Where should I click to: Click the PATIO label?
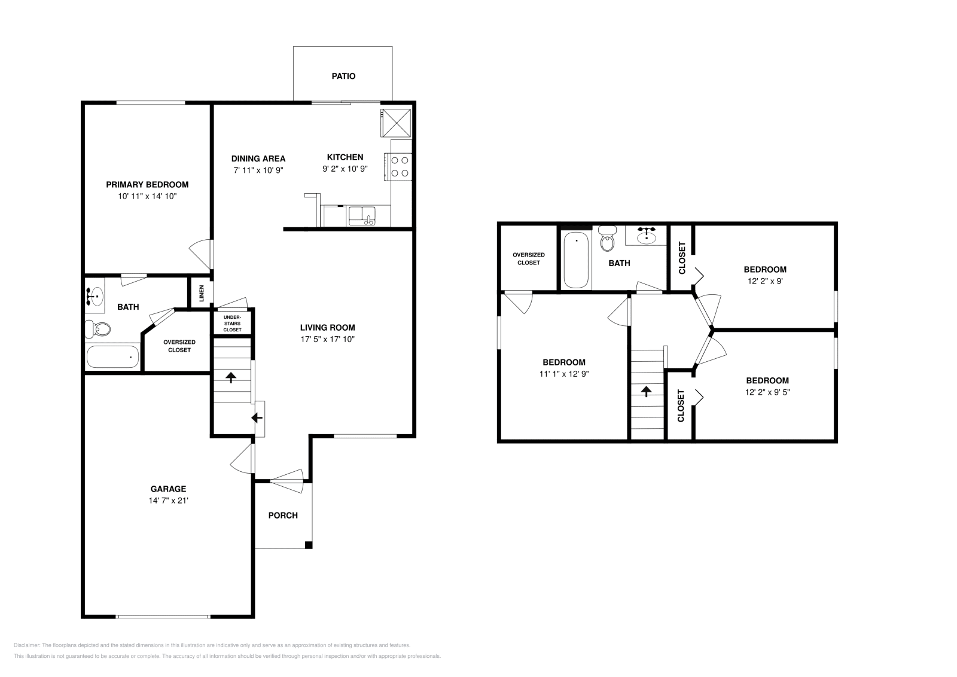[x=343, y=76]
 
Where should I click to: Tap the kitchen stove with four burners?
[x=400, y=166]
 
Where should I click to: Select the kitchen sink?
[x=361, y=216]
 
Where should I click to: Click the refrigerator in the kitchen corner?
[x=396, y=122]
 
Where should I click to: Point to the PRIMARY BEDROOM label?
[x=147, y=185]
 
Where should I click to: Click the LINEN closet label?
[x=202, y=293]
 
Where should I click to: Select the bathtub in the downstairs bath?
[x=113, y=357]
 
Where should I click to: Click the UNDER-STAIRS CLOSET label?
[x=232, y=324]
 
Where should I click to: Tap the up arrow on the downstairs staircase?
[x=230, y=377]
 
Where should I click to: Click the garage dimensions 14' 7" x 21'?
[x=169, y=501]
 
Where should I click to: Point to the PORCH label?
[x=283, y=516]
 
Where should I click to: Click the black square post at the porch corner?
[x=309, y=545]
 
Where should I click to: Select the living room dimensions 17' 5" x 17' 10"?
[x=328, y=339]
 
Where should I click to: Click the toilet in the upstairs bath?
[x=608, y=240]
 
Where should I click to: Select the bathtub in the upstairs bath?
[x=577, y=260]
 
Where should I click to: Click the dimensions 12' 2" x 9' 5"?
[x=767, y=392]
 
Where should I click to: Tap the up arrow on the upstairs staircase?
[x=646, y=391]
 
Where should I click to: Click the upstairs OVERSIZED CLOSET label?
[x=529, y=259]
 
